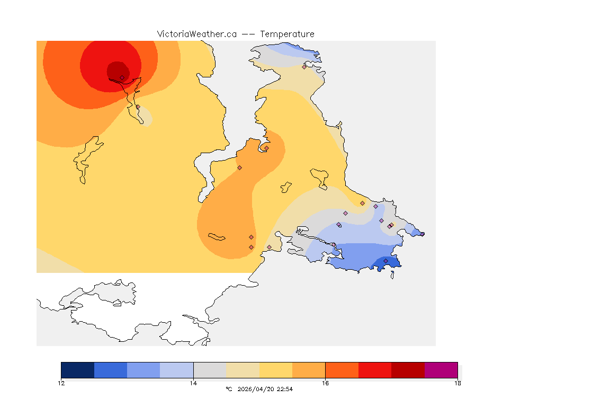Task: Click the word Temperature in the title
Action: (287, 34)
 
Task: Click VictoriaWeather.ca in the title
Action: (196, 34)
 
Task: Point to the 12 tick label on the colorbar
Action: (61, 383)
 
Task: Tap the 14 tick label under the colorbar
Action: (193, 383)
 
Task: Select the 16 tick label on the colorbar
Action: (325, 383)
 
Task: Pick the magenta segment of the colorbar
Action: (441, 370)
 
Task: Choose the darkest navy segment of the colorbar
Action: (78, 370)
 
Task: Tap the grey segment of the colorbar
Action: (210, 370)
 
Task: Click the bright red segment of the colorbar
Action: (375, 370)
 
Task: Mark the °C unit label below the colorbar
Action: (229, 389)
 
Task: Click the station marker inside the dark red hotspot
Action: (122, 77)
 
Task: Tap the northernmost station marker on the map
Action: (304, 67)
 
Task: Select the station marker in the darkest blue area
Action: (385, 261)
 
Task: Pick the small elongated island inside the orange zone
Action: (217, 236)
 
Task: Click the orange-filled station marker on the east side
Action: (362, 203)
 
